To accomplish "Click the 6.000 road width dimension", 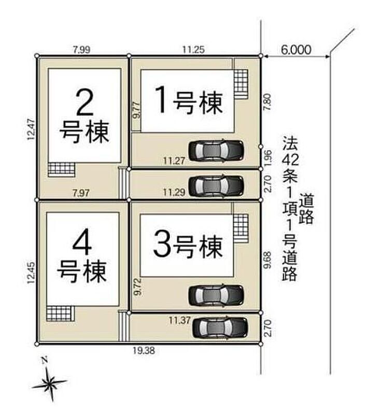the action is [x=296, y=50].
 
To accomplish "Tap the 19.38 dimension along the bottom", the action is [x=144, y=351].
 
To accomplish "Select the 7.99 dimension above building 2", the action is [x=82, y=50].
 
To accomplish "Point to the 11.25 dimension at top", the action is [x=193, y=49].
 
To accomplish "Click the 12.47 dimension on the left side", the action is [x=31, y=129].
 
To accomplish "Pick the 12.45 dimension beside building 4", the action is [x=31, y=273].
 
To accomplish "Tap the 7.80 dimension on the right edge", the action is [x=267, y=101].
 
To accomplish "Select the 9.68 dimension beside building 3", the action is [x=267, y=260].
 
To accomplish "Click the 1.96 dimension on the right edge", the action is [x=267, y=158].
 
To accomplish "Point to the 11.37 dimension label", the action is [x=180, y=320].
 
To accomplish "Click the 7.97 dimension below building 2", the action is [x=81, y=193].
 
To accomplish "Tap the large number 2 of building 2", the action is [x=84, y=102].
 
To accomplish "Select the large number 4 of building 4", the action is [x=82, y=245].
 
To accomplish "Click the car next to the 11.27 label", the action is [x=216, y=151].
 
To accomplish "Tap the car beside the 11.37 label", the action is [x=220, y=328].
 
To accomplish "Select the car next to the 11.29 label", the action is [x=216, y=186].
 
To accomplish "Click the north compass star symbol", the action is [x=49, y=383].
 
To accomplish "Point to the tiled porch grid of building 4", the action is [x=60, y=313].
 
